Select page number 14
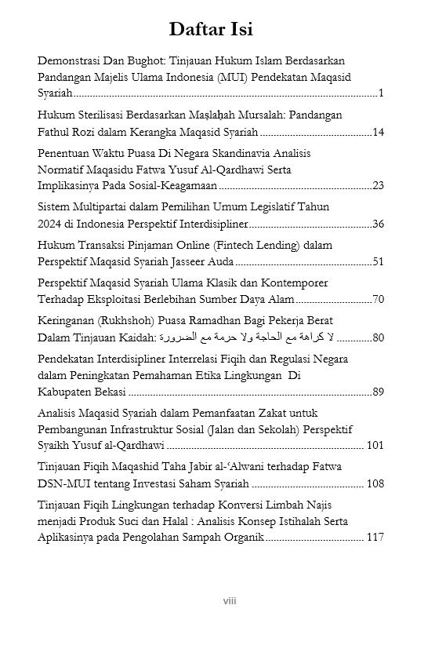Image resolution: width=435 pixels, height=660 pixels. pos(378,131)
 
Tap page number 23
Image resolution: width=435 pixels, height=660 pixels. pos(378,185)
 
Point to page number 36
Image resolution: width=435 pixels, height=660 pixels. pos(378,224)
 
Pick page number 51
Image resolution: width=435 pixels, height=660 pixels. pos(378,261)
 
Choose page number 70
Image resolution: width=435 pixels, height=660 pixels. pos(378,299)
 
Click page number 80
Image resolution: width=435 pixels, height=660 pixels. pos(378,337)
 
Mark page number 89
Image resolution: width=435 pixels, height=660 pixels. pos(378,392)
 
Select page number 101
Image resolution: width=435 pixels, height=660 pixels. pos(375,446)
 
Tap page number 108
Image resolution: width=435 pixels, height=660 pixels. pos(375,483)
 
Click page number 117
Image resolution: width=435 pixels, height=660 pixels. pos(375,538)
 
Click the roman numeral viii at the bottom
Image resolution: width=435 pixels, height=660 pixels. pos(229,601)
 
